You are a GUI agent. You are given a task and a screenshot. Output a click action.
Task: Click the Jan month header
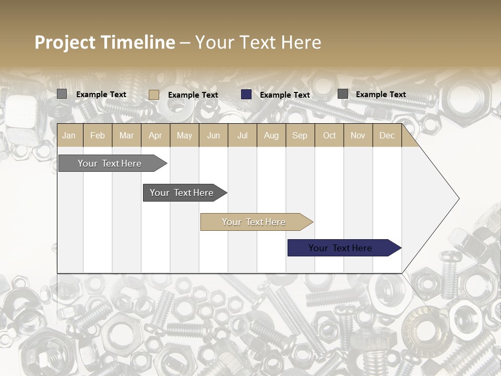coord(69,135)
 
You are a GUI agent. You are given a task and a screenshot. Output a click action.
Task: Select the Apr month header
coord(155,135)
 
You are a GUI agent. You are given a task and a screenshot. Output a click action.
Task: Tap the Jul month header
coord(242,135)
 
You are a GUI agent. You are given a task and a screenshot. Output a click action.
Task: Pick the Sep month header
coord(300,135)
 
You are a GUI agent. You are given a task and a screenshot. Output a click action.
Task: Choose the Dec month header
coord(387,135)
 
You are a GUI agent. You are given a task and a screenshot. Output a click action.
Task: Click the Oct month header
coord(329,135)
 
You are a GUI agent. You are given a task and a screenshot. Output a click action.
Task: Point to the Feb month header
coord(98,135)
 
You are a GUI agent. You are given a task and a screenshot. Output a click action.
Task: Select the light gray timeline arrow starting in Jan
coord(110,163)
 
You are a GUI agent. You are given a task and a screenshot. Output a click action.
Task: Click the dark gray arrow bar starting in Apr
coord(182,193)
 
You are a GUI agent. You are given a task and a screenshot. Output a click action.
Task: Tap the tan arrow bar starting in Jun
coord(254,222)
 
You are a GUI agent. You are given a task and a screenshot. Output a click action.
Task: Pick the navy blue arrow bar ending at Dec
coord(340,248)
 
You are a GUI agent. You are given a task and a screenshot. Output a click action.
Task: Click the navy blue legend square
coord(246,95)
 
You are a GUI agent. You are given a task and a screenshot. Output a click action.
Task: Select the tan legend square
coord(154,95)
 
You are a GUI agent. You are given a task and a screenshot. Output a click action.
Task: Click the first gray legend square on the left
coord(62,94)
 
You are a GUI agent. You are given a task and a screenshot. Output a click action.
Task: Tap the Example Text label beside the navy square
coord(285,95)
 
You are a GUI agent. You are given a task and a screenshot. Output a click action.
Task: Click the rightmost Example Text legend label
coord(381,95)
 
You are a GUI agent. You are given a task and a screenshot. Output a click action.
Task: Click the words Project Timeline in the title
coord(105,42)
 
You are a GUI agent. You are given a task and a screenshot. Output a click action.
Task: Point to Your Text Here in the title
coord(258,42)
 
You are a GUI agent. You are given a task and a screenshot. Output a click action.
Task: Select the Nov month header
coord(358,135)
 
